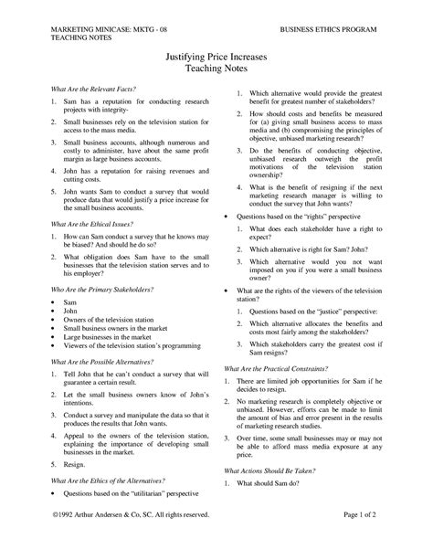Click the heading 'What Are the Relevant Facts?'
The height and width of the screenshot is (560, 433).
pyautogui.click(x=79, y=88)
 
